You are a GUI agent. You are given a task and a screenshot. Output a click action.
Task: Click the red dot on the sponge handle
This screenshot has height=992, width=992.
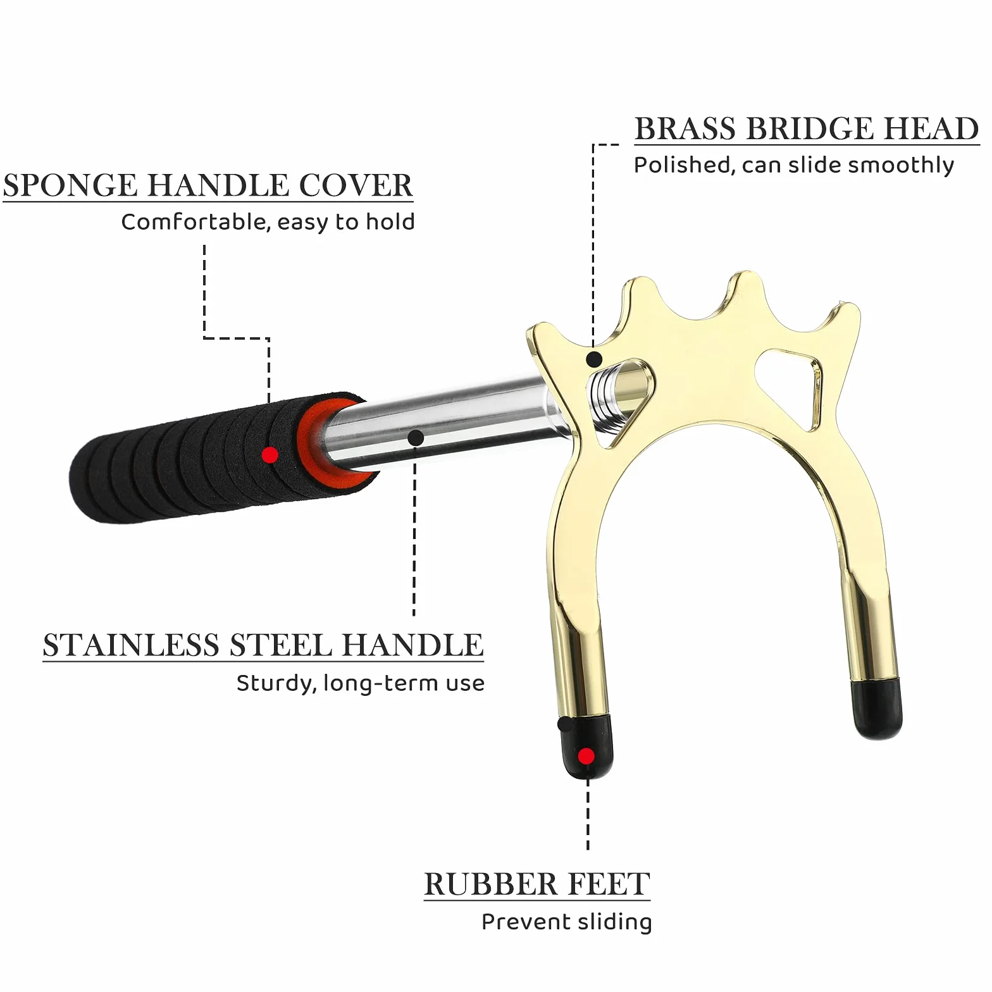[270, 454]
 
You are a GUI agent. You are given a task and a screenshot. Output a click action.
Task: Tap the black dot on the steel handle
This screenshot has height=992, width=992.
[416, 438]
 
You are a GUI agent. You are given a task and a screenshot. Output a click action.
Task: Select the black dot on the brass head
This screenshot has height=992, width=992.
[593, 359]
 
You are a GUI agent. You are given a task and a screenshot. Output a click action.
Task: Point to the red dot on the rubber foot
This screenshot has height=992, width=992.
[586, 756]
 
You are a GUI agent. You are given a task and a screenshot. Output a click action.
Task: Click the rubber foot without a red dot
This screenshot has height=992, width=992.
[877, 709]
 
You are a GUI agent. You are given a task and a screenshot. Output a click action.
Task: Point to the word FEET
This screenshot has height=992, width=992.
[606, 884]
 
